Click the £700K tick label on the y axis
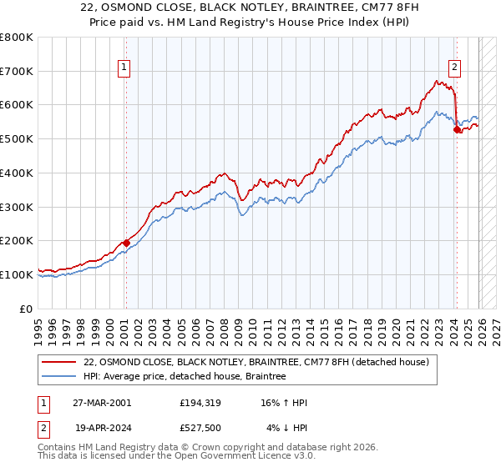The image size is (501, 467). [x=17, y=72]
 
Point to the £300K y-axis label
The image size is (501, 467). [x=17, y=207]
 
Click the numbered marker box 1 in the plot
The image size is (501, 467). [x=124, y=68]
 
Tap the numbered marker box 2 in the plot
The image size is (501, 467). [x=455, y=68]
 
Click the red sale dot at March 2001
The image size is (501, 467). [x=126, y=243]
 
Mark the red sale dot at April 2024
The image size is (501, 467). [x=457, y=129]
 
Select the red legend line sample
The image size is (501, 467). [x=60, y=362]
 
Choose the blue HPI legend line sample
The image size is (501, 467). [x=60, y=377]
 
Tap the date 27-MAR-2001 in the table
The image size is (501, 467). [x=101, y=403]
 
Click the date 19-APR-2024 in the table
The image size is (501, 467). [x=101, y=429]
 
